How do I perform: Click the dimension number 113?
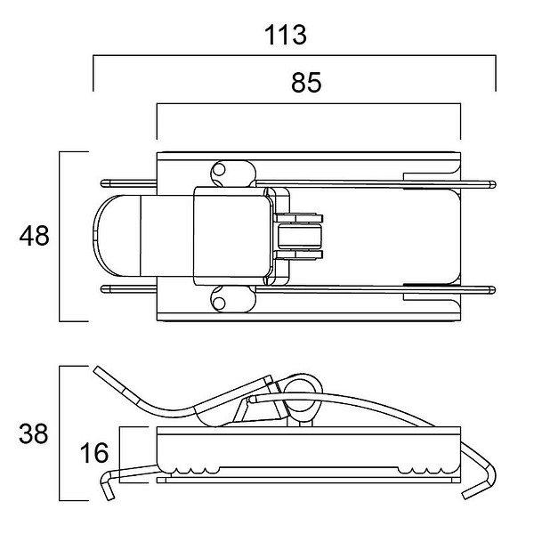click(x=286, y=35)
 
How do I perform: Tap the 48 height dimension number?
click(x=35, y=236)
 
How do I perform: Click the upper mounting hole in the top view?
click(x=220, y=170)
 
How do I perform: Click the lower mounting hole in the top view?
click(x=220, y=303)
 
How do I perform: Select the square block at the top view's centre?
click(x=231, y=236)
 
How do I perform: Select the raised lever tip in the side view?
click(x=98, y=370)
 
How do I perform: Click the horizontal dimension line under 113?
click(x=294, y=57)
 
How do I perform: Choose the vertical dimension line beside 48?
click(x=60, y=236)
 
